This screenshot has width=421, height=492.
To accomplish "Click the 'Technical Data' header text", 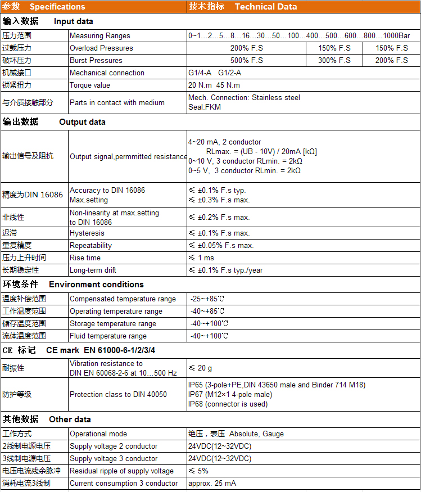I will tap(266, 7).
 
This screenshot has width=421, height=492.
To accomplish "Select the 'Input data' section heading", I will tap(74, 21).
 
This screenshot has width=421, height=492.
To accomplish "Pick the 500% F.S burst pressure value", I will tap(246, 60).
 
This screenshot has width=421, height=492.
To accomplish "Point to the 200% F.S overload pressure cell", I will tap(246, 48).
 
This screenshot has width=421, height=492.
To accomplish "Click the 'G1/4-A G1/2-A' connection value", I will tap(215, 73).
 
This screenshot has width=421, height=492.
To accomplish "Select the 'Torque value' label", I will tap(90, 85).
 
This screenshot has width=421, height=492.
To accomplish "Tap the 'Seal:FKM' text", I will tap(205, 107).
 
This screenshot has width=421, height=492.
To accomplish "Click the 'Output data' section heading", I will tap(82, 122).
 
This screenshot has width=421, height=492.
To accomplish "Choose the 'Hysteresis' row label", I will tap(87, 233).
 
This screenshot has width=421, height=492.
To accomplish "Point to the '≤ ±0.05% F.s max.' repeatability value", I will tap(221, 245).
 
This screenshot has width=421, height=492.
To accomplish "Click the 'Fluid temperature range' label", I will tap(108, 336).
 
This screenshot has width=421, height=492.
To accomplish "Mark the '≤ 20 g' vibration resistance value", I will tap(200, 368).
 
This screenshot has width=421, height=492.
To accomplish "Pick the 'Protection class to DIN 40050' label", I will tap(118, 394).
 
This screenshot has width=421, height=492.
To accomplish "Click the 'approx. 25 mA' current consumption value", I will tap(212, 483).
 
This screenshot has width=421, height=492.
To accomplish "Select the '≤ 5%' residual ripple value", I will tap(198, 471).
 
